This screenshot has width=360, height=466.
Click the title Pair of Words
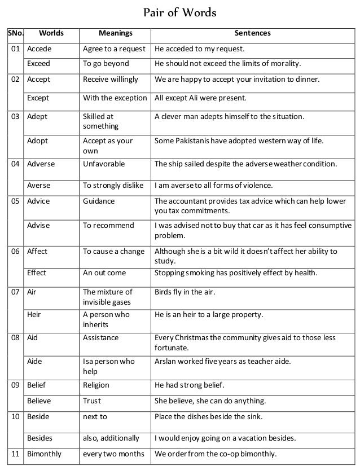coord(180,13)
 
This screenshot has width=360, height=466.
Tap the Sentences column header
coord(254,34)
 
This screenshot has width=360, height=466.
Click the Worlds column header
coord(51,34)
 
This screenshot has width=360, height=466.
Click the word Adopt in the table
coord(38,141)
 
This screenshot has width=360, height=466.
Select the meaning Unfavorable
coord(104,164)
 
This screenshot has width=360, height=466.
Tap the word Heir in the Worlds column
coord(34,315)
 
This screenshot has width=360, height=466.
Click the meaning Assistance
coord(101,338)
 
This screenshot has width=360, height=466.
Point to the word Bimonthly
coord(45,454)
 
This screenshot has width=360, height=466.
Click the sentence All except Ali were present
coord(200,98)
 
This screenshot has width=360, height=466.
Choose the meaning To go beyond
coord(106,63)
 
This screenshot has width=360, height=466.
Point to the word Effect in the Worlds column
coord(37,273)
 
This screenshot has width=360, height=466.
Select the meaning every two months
coord(113,454)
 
